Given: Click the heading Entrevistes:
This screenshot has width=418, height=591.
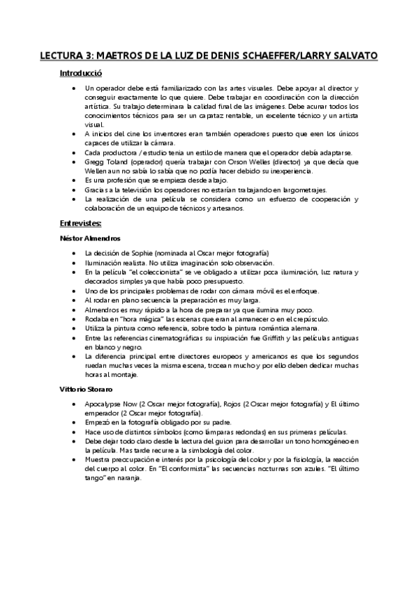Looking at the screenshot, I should click(x=81, y=223).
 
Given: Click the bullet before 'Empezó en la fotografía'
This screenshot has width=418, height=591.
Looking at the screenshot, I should click(x=74, y=422).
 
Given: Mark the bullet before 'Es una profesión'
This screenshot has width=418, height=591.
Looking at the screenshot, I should click(x=74, y=180).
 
